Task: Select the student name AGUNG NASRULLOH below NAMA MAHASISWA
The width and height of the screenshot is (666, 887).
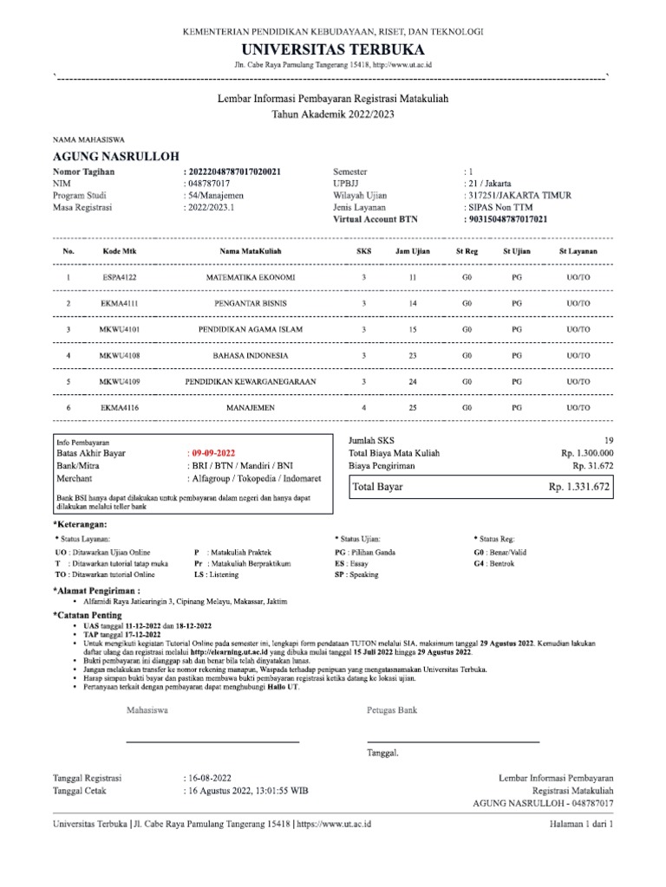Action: [116, 157]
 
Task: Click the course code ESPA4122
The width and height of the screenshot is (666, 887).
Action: [120, 277]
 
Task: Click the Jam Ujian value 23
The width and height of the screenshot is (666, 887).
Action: [413, 355]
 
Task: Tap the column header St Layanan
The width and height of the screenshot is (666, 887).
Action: [578, 250]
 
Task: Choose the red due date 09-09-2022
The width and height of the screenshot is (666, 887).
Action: [213, 453]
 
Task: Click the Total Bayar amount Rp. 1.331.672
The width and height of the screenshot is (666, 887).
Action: [579, 488]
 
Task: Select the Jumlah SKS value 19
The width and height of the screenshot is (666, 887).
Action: [607, 440]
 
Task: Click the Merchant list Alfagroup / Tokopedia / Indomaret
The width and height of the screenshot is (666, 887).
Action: [254, 477]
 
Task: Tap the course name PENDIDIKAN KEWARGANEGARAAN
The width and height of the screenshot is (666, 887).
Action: [250, 381]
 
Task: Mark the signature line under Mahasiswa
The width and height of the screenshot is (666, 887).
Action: [212, 742]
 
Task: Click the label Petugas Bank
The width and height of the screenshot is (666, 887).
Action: [392, 710]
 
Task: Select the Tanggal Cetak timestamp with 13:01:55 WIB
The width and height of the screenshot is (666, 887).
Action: [245, 791]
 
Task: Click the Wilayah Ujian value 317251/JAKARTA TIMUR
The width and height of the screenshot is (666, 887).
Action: [519, 196]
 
